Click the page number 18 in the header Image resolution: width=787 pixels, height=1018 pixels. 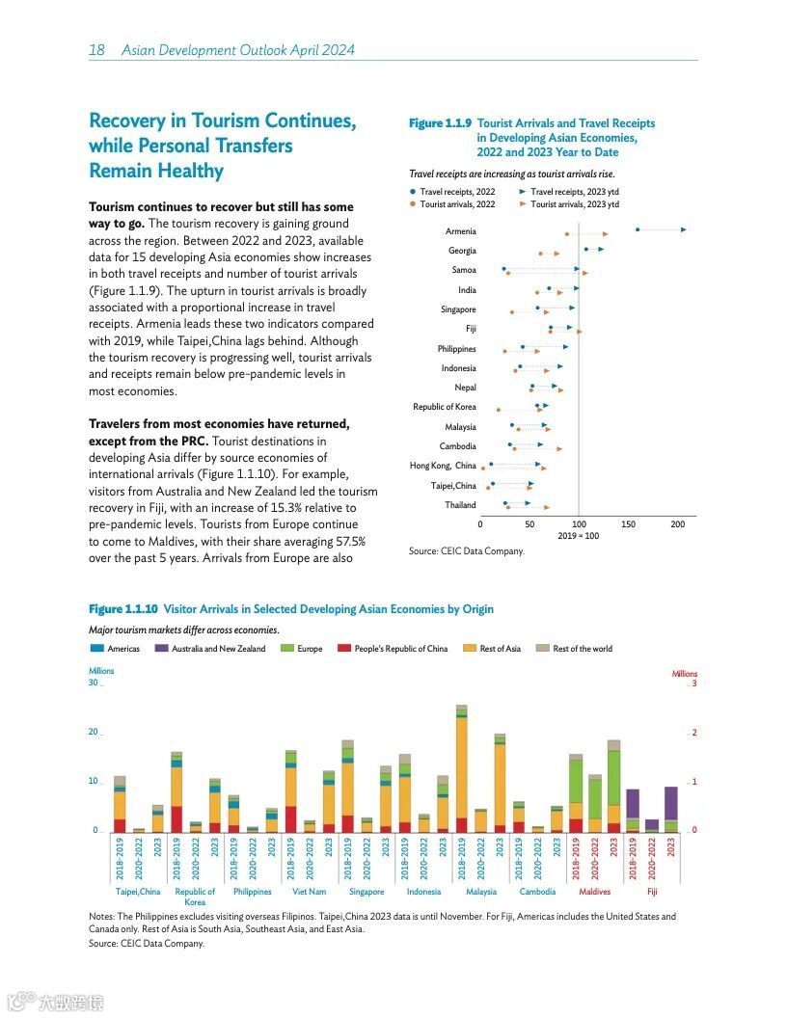pos(96,49)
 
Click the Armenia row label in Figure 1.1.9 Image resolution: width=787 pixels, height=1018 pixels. pos(460,231)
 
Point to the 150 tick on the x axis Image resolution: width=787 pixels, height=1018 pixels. pos(629,524)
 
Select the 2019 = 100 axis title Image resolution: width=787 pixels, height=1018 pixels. pos(578,536)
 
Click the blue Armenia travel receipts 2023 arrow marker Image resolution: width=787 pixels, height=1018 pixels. pos(683,229)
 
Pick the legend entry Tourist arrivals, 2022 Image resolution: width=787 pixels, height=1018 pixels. pos(456,204)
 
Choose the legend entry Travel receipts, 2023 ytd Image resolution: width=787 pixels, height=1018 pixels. pos(575,192)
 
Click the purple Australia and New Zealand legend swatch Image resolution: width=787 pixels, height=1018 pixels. pos(161,649)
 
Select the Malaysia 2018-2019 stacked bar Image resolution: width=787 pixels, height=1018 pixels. pos(462,768)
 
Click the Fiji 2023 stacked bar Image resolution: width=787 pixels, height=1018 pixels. pos(670,809)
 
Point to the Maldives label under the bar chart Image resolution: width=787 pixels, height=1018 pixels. pos(594,893)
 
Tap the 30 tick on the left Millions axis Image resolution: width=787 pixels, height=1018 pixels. pos(94,683)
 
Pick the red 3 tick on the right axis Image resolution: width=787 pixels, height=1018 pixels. pos(693,683)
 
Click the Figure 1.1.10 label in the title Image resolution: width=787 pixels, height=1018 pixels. pos(123,609)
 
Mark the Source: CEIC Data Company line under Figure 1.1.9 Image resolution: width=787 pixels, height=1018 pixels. pos(467,551)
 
